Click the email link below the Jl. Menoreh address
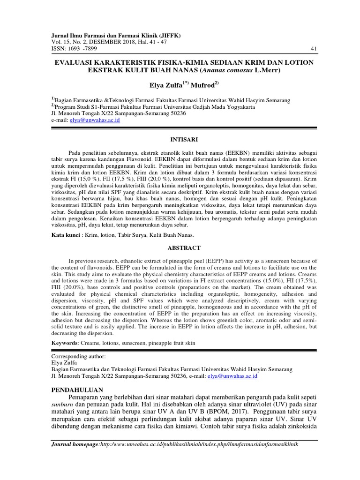coord(95,120)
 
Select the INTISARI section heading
coord(182,140)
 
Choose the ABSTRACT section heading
coord(182,247)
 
